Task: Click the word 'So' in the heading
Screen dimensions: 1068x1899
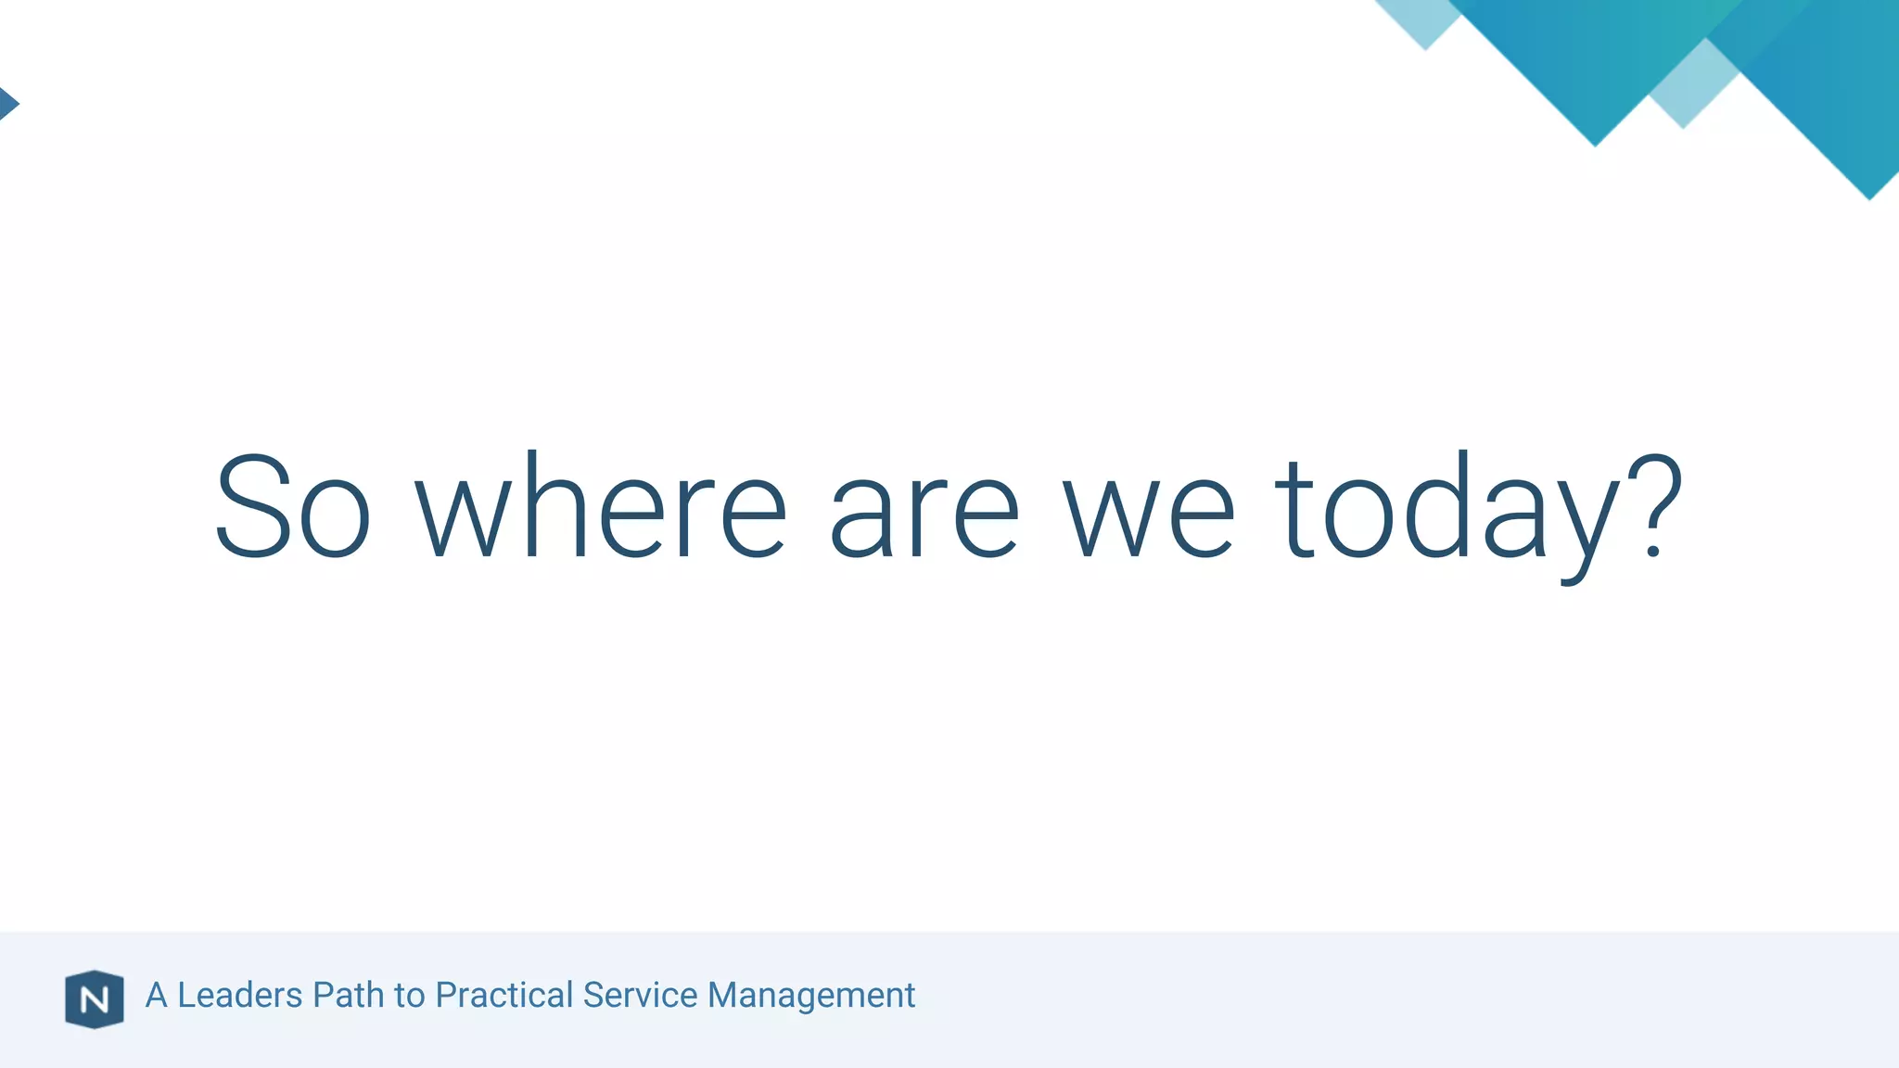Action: pos(293,507)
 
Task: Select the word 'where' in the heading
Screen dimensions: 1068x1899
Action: pos(601,507)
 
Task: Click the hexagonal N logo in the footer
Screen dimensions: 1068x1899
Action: pos(94,999)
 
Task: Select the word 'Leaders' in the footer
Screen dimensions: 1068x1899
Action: pos(239,995)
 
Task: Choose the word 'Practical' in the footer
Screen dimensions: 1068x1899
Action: pos(504,995)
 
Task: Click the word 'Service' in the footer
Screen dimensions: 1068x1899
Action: pos(640,995)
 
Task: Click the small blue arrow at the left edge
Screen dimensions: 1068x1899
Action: pos(7,103)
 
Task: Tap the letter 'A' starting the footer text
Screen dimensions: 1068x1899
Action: pos(156,995)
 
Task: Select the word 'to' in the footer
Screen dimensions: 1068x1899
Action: pos(409,996)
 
